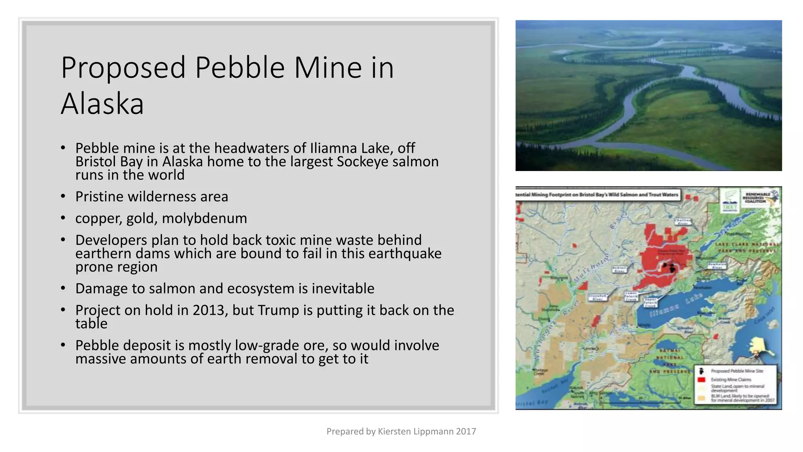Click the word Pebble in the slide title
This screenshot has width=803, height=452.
click(x=240, y=67)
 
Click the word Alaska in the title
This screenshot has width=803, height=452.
click(x=102, y=104)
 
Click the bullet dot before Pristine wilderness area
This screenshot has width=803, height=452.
click(x=63, y=196)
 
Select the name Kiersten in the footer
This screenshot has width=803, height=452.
click(x=397, y=431)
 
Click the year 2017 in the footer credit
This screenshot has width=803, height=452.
click(x=466, y=431)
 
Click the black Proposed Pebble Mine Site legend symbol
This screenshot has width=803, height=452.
click(x=701, y=371)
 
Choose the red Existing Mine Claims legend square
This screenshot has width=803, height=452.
click(x=701, y=379)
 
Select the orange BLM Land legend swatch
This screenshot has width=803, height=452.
click(x=701, y=398)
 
